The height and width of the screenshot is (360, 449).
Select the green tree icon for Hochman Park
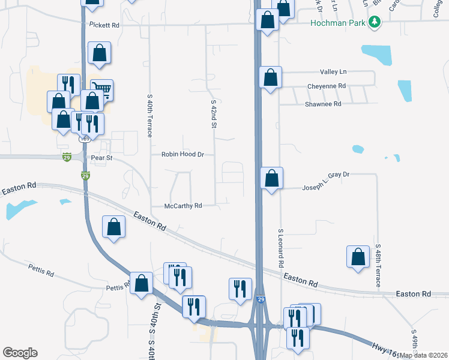click(375, 22)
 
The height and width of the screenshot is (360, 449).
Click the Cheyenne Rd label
click(327, 86)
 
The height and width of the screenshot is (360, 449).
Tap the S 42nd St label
click(213, 115)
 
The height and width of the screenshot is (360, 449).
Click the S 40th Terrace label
click(149, 115)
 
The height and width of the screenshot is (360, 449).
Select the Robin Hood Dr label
click(183, 154)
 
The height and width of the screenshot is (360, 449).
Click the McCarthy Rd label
click(183, 206)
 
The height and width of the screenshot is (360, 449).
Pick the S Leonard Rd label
click(280, 248)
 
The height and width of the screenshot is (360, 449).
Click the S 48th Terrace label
click(378, 266)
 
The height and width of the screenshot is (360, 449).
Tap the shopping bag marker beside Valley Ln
click(271, 77)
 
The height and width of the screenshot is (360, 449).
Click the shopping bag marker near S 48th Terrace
click(358, 256)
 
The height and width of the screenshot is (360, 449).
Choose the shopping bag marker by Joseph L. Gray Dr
click(272, 178)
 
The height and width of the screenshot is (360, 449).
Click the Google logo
click(20, 353)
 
